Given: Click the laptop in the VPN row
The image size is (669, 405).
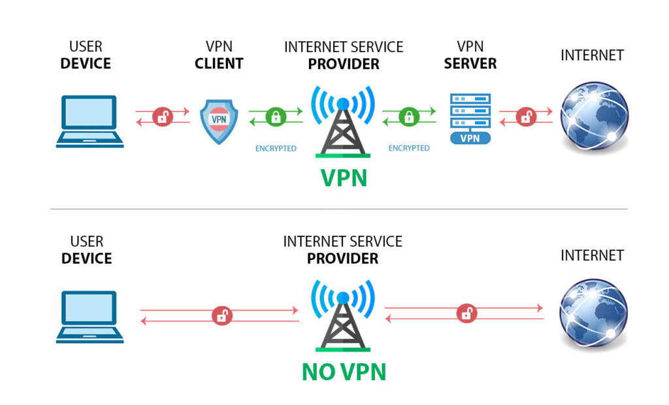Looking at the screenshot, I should pyautogui.click(x=90, y=121).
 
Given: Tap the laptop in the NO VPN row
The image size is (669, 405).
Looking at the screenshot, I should pyautogui.click(x=90, y=317).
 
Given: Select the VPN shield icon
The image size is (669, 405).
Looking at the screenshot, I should pyautogui.click(x=218, y=121).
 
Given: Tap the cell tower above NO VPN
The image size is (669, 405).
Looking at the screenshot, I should pyautogui.click(x=342, y=317).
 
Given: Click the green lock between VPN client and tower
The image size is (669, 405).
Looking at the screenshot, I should pyautogui.click(x=276, y=117).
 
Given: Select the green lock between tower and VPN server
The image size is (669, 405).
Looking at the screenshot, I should pyautogui.click(x=409, y=117).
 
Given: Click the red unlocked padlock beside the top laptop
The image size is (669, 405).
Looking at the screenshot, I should pyautogui.click(x=162, y=117).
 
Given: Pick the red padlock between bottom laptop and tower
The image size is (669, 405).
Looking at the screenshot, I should pyautogui.click(x=222, y=316).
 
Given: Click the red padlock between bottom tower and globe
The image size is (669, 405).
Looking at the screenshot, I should pyautogui.click(x=466, y=312).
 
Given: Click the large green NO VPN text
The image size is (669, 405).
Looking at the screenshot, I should pyautogui.click(x=344, y=372).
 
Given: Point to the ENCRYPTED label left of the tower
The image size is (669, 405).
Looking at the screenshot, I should pyautogui.click(x=276, y=148).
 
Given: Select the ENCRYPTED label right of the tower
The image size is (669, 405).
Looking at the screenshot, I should pyautogui.click(x=409, y=148).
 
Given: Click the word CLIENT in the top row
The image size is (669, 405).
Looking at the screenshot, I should pyautogui.click(x=219, y=63).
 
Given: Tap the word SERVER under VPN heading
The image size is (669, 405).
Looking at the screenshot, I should pyautogui.click(x=470, y=63).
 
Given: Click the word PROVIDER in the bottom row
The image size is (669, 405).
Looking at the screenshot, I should pyautogui.click(x=342, y=259).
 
